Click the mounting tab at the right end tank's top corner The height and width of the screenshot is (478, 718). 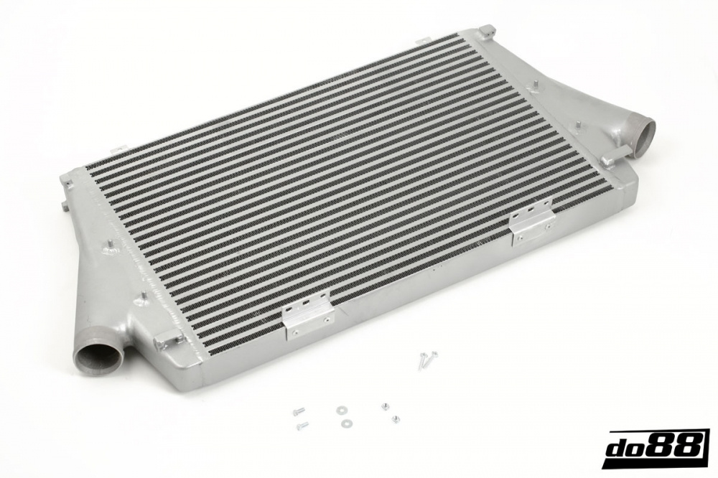[487, 31]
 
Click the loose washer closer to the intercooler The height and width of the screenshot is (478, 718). [341, 411]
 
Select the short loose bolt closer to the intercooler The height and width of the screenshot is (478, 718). [298, 411]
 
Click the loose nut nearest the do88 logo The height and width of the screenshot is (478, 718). [394, 419]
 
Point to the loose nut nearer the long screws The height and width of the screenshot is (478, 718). [386, 407]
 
